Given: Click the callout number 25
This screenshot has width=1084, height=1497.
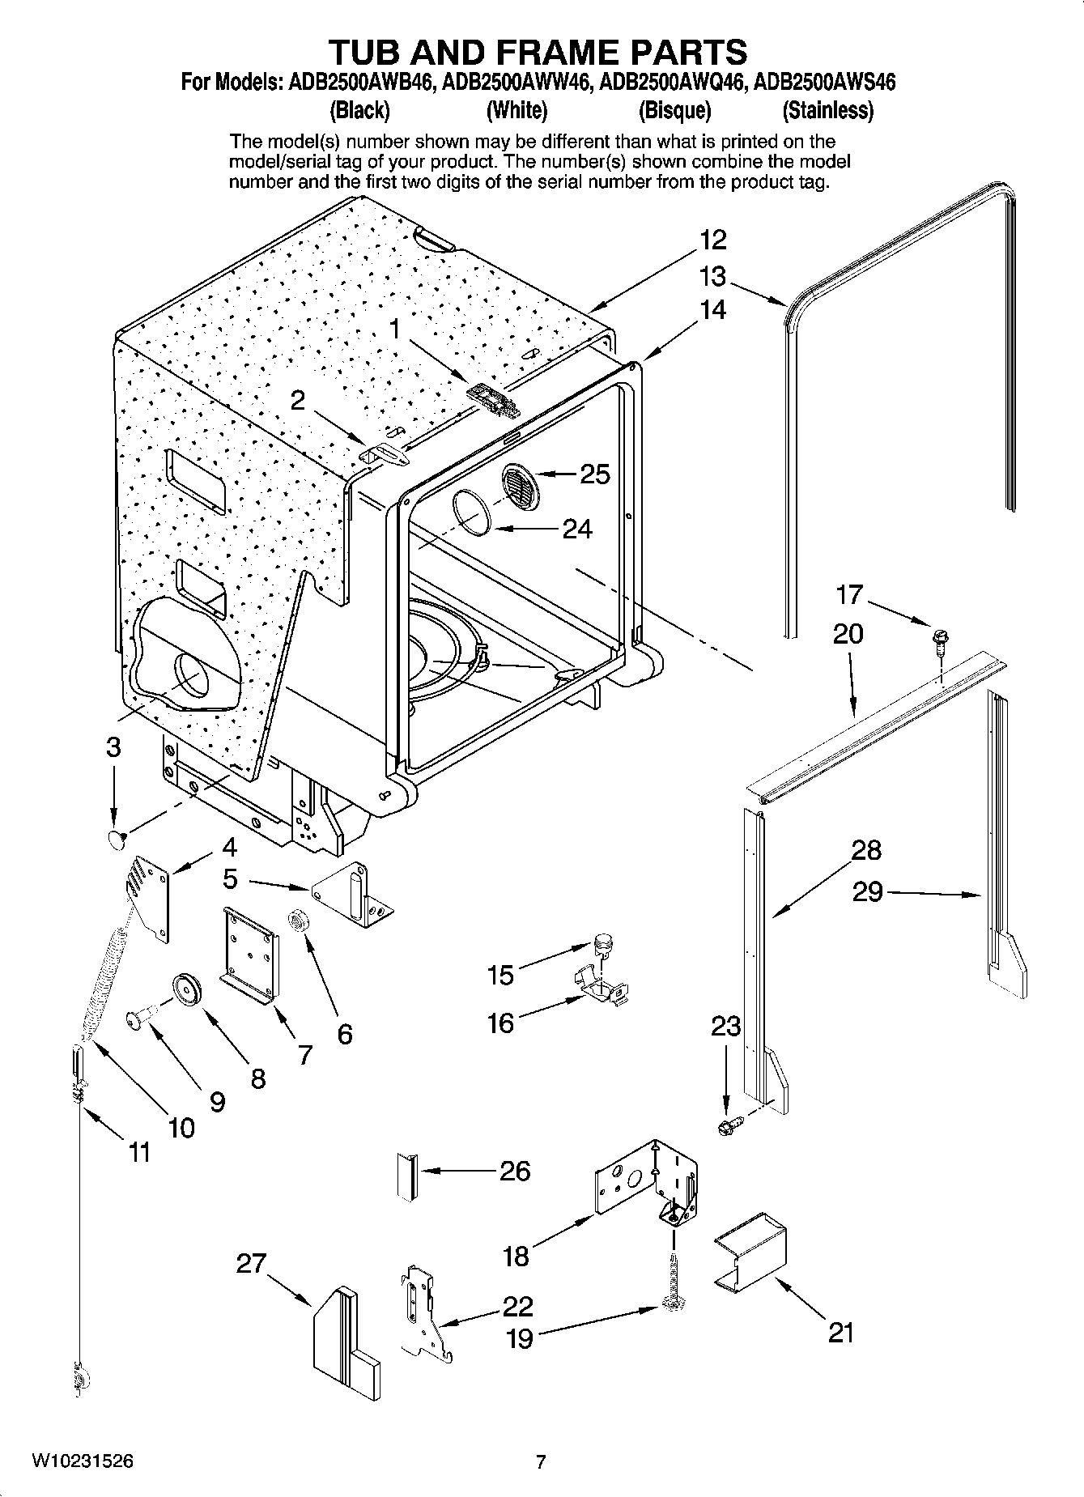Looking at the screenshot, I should point(595,474).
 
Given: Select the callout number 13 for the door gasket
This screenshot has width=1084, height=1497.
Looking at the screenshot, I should point(712,277).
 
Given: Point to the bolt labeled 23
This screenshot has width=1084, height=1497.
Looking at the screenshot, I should point(729,1125).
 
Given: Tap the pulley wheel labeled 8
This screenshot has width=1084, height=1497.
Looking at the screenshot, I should point(187,989).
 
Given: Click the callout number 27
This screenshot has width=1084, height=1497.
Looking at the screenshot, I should point(251,1263).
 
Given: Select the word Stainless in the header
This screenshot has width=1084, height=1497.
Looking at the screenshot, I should point(827,110).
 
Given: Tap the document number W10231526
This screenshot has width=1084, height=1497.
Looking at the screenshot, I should point(83,1461).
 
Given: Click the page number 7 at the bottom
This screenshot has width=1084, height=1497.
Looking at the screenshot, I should point(541,1461).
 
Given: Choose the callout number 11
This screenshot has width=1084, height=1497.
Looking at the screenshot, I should point(139,1152).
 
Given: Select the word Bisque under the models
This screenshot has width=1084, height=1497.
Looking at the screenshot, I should point(674,110).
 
